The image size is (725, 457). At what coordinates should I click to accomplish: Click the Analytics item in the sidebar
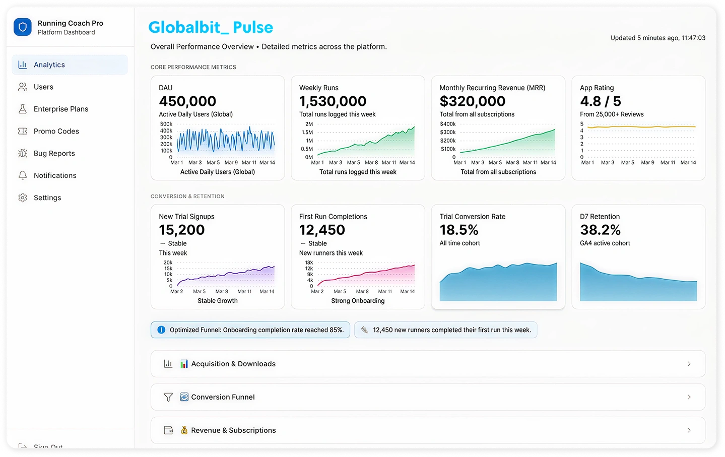(49, 65)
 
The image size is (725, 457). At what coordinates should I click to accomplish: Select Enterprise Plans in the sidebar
(60, 109)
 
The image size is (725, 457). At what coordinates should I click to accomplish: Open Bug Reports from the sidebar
(54, 154)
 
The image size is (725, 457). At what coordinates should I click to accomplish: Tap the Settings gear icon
(23, 198)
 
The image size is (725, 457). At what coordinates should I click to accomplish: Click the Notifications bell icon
(23, 176)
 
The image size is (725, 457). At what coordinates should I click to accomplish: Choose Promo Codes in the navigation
(56, 132)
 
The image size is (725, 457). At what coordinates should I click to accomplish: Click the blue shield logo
(23, 27)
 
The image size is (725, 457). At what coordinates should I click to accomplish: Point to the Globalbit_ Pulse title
(211, 27)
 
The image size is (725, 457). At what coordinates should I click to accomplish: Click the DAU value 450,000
(187, 101)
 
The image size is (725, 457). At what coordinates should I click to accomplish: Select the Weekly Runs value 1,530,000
(333, 101)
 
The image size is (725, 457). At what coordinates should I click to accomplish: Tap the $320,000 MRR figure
(472, 101)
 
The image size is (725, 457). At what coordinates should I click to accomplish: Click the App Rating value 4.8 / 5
(600, 101)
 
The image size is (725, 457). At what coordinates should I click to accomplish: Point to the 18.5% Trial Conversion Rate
(459, 230)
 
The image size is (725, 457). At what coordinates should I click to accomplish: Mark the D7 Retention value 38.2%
(600, 230)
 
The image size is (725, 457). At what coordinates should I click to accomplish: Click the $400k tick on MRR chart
(447, 124)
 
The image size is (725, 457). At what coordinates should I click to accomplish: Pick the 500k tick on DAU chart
(166, 124)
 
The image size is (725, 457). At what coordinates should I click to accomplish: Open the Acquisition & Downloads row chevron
(689, 364)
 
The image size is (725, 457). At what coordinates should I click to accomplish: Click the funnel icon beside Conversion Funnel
(168, 398)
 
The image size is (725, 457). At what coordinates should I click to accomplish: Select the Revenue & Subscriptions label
(233, 430)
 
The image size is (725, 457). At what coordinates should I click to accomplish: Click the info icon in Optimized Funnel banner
(161, 330)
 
